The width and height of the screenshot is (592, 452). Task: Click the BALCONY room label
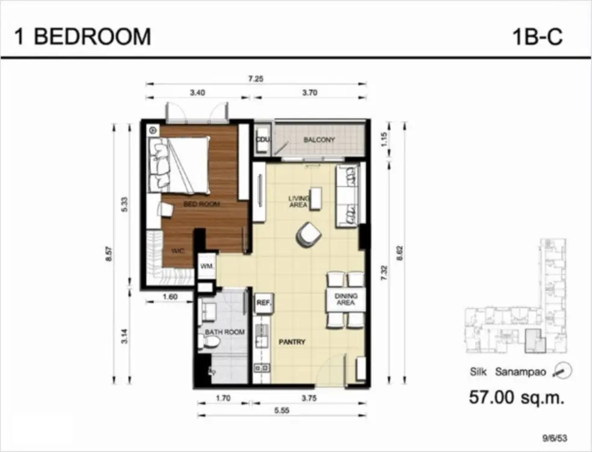coord(319,140)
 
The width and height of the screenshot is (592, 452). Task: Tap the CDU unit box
coord(262,139)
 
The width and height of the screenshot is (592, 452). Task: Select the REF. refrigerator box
coord(264,303)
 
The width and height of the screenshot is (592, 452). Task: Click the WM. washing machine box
coord(207,266)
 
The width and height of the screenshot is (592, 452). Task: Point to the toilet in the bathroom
coord(210,342)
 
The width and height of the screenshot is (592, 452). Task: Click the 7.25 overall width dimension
coord(256,79)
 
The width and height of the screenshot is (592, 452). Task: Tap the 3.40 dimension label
coord(198,92)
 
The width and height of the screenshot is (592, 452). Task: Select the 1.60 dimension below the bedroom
coord(170,297)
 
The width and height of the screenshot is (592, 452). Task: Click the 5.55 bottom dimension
coord(282,410)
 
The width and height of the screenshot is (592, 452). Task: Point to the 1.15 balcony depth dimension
coord(385,139)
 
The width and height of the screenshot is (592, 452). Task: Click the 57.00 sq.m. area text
coord(517,397)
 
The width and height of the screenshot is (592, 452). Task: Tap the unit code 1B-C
coord(537,37)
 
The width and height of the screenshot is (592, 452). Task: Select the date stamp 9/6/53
coord(555,438)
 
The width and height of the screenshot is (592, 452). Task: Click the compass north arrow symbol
coord(562,371)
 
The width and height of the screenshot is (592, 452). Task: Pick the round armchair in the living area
coord(309,234)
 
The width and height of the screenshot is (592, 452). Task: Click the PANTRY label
coord(292,342)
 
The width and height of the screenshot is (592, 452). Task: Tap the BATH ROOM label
coord(225,333)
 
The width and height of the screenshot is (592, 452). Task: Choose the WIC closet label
coord(177,251)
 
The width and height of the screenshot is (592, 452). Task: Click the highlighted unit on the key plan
coord(535,341)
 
